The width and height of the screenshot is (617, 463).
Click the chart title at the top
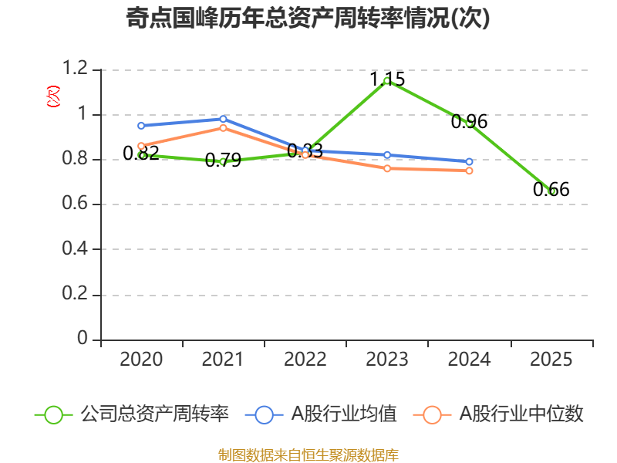point(308,18)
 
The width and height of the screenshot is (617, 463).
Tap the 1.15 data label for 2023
point(387,79)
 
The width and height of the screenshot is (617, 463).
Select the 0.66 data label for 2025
point(551,189)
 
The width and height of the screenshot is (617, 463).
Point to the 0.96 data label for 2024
point(469,122)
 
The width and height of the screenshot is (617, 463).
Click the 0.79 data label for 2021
point(223,161)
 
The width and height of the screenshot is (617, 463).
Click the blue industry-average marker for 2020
point(141,126)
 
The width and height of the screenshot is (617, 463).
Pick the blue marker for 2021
point(223,119)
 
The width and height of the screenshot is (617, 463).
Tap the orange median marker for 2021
point(223,128)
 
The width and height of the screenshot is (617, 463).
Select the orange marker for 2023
point(387,168)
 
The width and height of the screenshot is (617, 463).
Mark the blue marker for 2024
point(469,162)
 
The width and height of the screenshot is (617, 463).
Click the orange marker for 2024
point(469,171)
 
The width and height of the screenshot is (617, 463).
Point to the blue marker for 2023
point(387,155)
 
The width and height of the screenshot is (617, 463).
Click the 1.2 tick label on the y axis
point(75,68)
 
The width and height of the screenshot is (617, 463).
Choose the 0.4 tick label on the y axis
point(75,248)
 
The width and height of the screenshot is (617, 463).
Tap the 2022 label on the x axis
point(305,360)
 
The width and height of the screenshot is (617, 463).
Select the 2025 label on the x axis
point(551,360)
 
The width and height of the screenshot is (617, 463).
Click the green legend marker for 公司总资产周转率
point(53,415)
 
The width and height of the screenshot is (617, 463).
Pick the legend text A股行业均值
point(344,414)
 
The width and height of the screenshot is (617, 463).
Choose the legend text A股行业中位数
point(521,414)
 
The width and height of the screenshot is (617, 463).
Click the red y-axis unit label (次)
point(53,96)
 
